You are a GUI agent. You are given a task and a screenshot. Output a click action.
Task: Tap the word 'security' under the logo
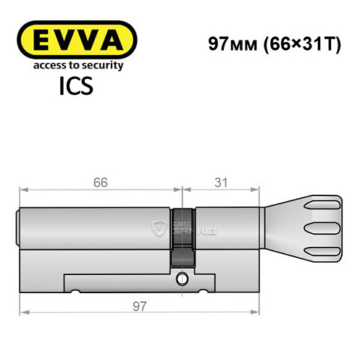tap(102, 65)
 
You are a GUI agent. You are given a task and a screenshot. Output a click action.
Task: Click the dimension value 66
tap(100, 183)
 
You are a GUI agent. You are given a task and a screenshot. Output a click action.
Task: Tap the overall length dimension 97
tap(138, 306)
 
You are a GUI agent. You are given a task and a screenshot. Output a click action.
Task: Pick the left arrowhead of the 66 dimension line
tap(23, 192)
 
